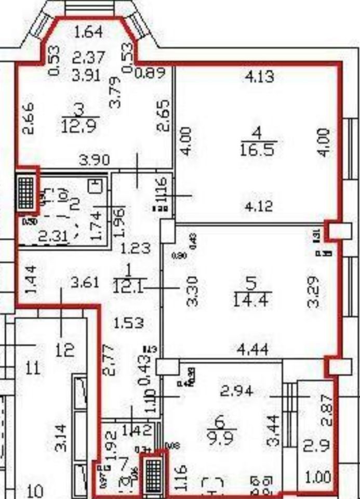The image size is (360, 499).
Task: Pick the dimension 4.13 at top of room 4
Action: click(x=259, y=77)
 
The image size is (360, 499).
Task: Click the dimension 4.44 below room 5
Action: click(x=252, y=348)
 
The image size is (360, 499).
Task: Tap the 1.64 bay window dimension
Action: click(x=89, y=32)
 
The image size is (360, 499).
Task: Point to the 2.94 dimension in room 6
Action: click(x=237, y=391)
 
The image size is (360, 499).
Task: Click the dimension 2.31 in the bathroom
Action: click(x=54, y=237)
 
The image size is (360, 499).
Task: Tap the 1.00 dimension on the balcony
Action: click(x=317, y=477)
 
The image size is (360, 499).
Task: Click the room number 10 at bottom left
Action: click(x=35, y=490)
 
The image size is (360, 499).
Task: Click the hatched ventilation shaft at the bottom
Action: click(x=152, y=475)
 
